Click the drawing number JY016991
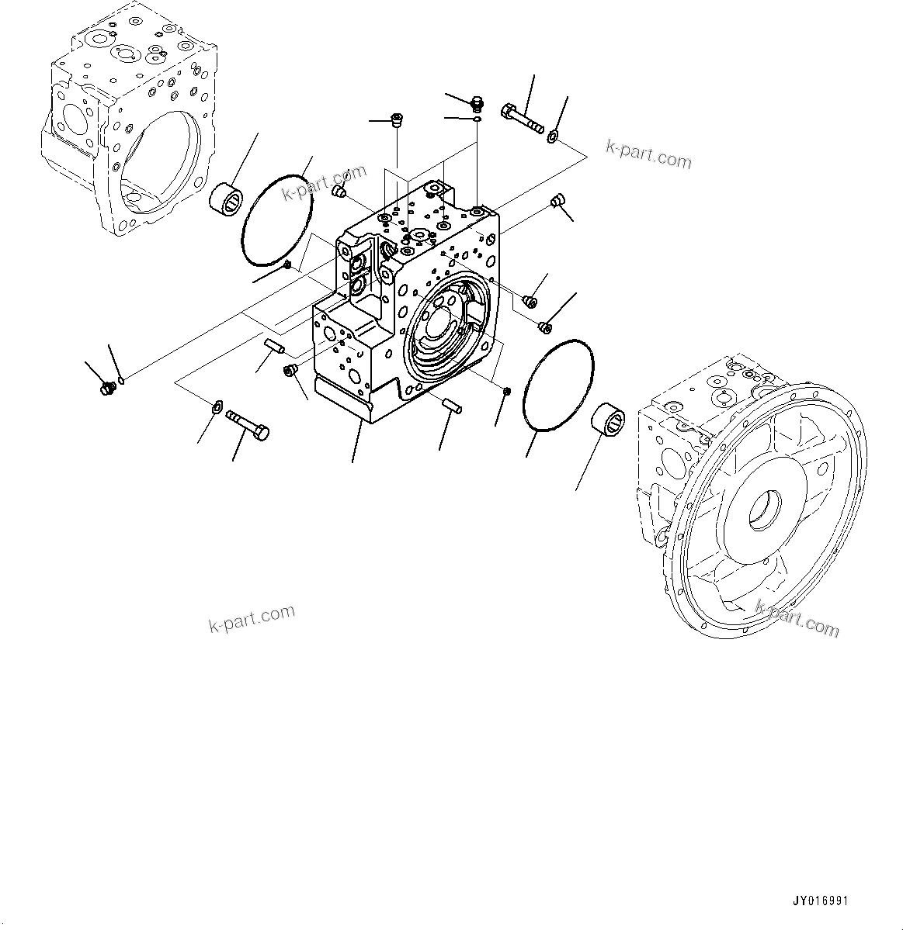pos(821,901)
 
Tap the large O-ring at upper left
pos(277,220)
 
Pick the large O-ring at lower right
pos(558,383)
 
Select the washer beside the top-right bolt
pos(552,137)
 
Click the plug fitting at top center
pos(477,101)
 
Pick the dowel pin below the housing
pos(453,403)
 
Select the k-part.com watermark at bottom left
pos(252,617)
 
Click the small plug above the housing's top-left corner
pos(339,191)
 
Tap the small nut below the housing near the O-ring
pos(505,389)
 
